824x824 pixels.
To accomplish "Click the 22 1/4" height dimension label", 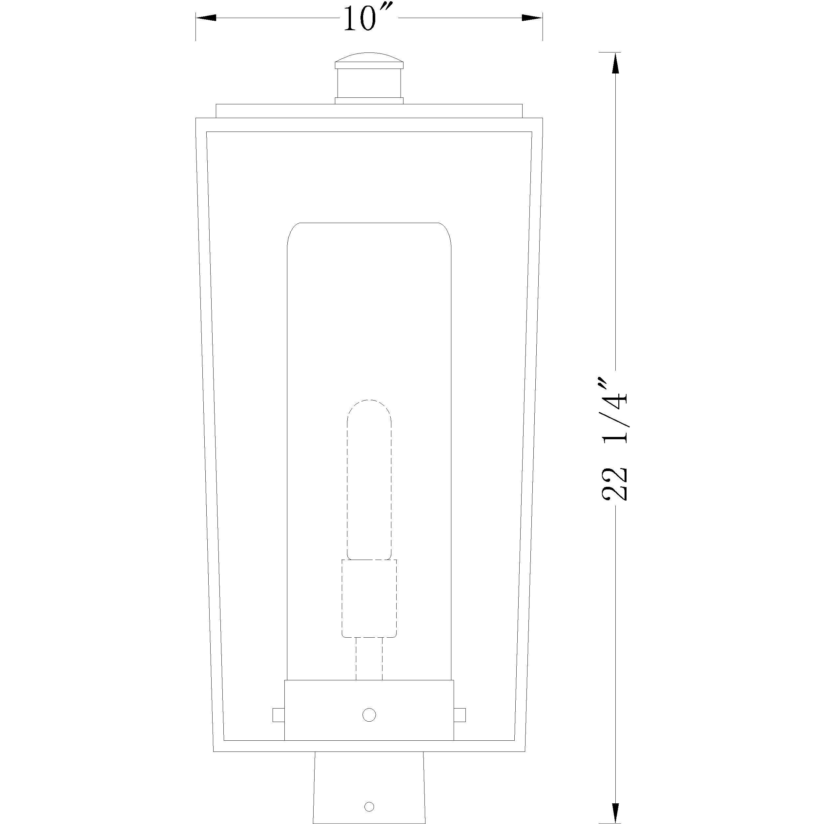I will pos(614,439).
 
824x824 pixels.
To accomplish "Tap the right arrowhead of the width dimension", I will pos(533,18).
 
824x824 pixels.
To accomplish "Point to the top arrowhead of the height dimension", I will pos(615,64).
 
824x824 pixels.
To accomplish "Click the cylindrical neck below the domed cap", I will pos(369,83).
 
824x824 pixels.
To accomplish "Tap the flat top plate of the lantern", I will pos(369,111).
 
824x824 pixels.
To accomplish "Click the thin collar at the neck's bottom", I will pos(369,101).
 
